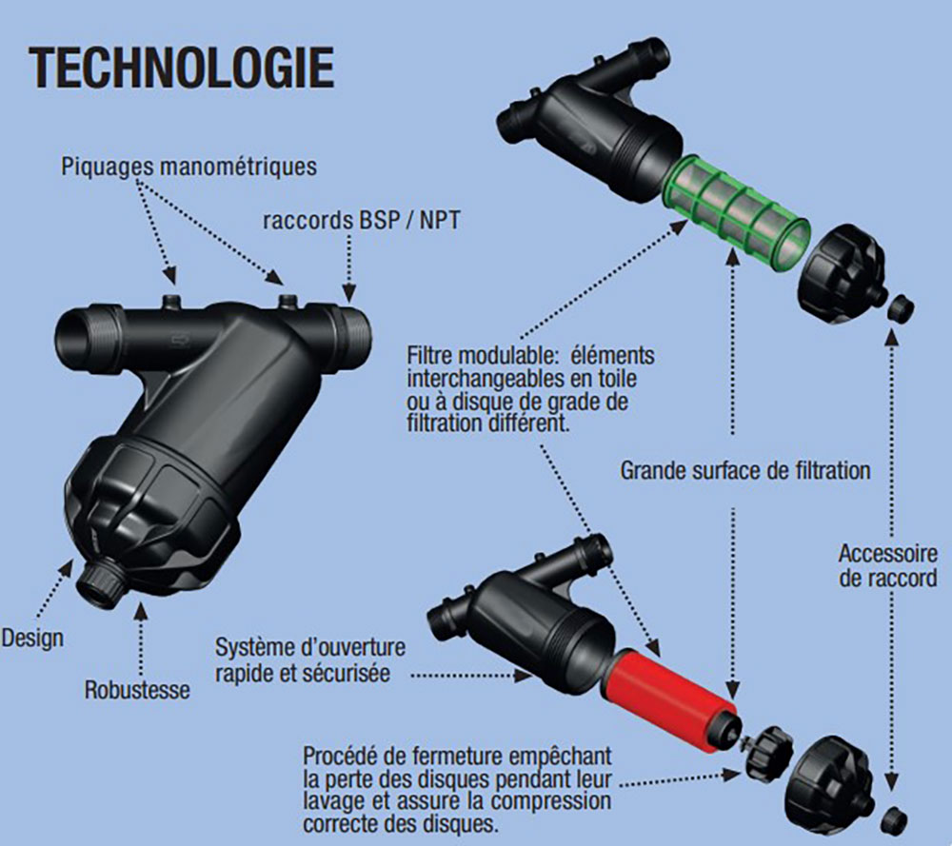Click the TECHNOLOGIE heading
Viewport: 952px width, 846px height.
pos(182,68)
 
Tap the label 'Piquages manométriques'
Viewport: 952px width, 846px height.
pos(188,167)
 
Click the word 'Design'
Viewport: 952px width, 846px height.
pos(32,637)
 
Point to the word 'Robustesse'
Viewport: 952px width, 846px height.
pos(137,689)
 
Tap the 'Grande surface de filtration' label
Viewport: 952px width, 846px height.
pos(745,470)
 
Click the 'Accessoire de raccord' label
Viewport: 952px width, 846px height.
pos(886,565)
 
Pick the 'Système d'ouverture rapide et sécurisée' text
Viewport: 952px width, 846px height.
pos(309,659)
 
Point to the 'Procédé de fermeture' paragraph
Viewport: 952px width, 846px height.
pos(458,789)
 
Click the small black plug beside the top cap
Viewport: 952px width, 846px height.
pos(900,308)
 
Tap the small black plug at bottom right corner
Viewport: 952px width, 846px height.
pos(894,819)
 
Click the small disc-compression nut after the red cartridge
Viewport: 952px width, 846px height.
pos(767,751)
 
